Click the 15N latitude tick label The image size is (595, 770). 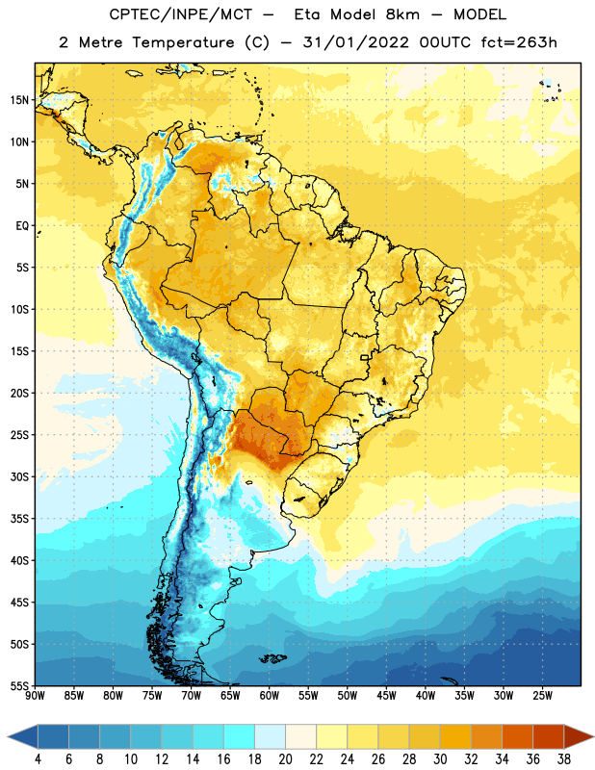19,100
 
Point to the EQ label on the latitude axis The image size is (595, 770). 22,226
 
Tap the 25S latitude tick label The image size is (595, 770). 19,435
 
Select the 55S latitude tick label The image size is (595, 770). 19,686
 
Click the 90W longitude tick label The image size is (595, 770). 35,696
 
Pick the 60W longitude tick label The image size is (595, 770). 270,696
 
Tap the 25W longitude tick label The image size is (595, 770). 542,696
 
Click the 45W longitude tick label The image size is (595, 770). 386,696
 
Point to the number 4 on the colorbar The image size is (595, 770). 38,759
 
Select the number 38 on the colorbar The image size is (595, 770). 564,759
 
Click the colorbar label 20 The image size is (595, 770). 285,759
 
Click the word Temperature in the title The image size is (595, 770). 183,42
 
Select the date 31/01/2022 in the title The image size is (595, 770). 355,42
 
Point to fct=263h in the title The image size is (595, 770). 519,42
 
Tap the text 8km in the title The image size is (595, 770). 402,14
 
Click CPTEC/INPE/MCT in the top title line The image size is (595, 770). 181,14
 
